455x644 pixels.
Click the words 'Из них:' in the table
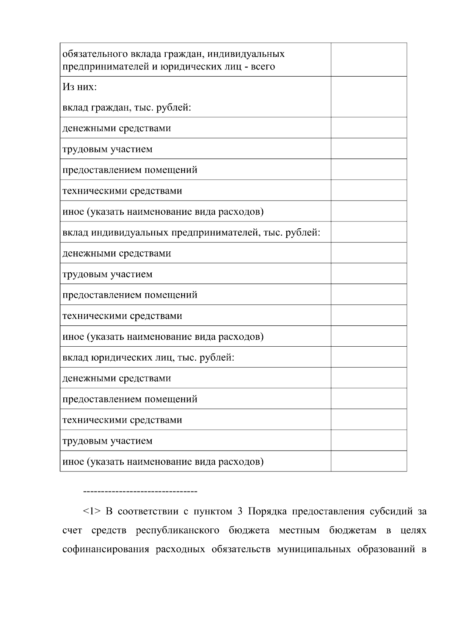(80, 87)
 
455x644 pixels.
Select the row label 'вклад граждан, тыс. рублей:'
(126, 108)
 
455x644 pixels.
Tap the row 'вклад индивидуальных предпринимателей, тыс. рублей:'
(191, 232)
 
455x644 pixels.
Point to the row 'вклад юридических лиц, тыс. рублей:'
(148, 357)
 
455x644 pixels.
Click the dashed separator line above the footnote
(140, 492)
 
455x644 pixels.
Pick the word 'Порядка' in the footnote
(267, 511)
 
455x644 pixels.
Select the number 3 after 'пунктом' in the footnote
(240, 511)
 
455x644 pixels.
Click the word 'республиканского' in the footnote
(177, 530)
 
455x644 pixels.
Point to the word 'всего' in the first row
(263, 67)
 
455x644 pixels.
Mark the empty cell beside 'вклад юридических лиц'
(369, 357)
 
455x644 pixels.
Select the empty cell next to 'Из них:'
(369, 97)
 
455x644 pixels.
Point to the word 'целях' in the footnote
(413, 530)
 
